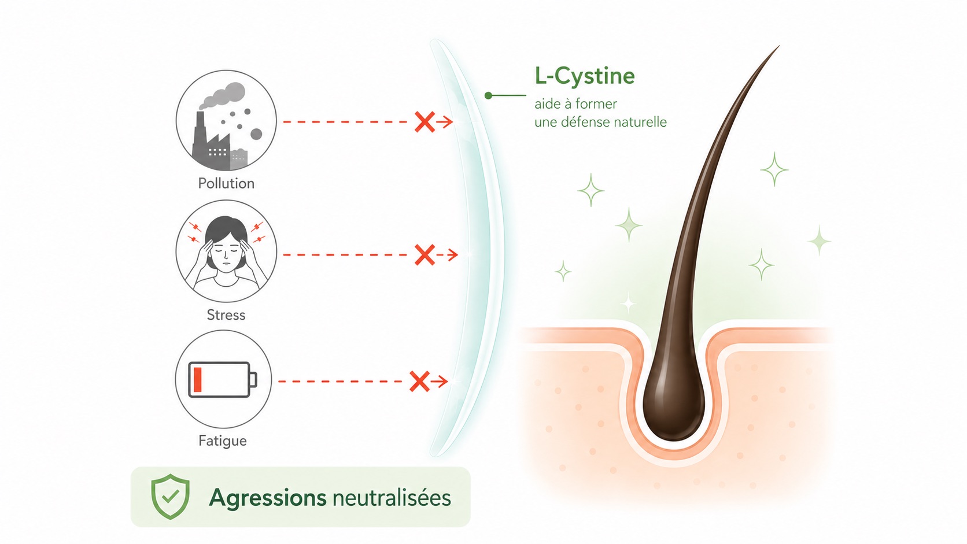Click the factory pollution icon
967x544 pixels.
[x=226, y=121]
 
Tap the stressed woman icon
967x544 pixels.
[x=226, y=251]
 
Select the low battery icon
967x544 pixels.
[x=223, y=380]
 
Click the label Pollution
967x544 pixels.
[x=226, y=183]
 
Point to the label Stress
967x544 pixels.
[x=226, y=315]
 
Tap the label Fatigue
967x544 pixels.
[x=222, y=441]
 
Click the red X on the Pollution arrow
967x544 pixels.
[x=425, y=122]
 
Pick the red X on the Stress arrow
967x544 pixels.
[x=425, y=254]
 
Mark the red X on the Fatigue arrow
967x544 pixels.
[x=419, y=382]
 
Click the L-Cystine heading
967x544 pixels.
[x=585, y=76]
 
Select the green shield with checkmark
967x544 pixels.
[x=171, y=496]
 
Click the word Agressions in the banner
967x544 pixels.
[x=268, y=498]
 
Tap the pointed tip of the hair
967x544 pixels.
[x=780, y=46]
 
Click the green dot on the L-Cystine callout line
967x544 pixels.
[x=488, y=95]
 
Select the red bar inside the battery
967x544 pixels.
[x=198, y=380]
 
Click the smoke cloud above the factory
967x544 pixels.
[x=222, y=96]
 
